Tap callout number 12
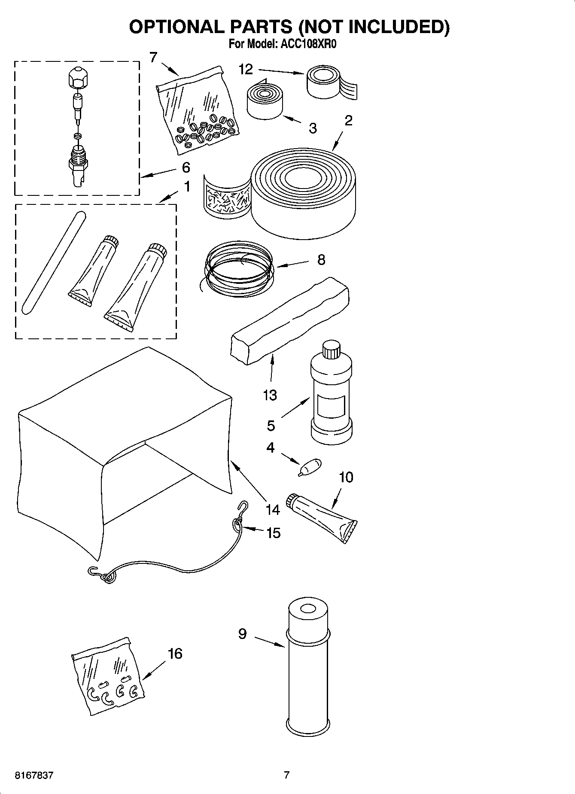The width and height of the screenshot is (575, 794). (246, 69)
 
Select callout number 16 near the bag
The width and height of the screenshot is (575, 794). (175, 654)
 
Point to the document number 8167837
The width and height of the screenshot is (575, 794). (34, 776)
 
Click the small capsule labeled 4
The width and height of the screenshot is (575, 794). (310, 467)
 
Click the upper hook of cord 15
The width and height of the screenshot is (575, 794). (243, 508)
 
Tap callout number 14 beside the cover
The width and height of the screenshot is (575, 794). (272, 510)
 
